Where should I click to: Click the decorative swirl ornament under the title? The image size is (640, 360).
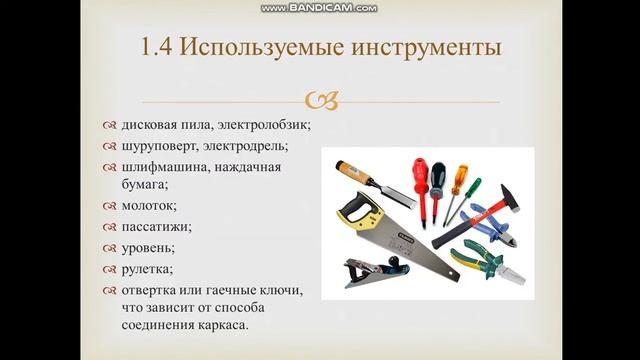click(x=320, y=98)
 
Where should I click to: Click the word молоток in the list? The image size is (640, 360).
click(x=148, y=205)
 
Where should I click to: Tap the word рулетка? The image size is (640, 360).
click(x=147, y=268)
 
